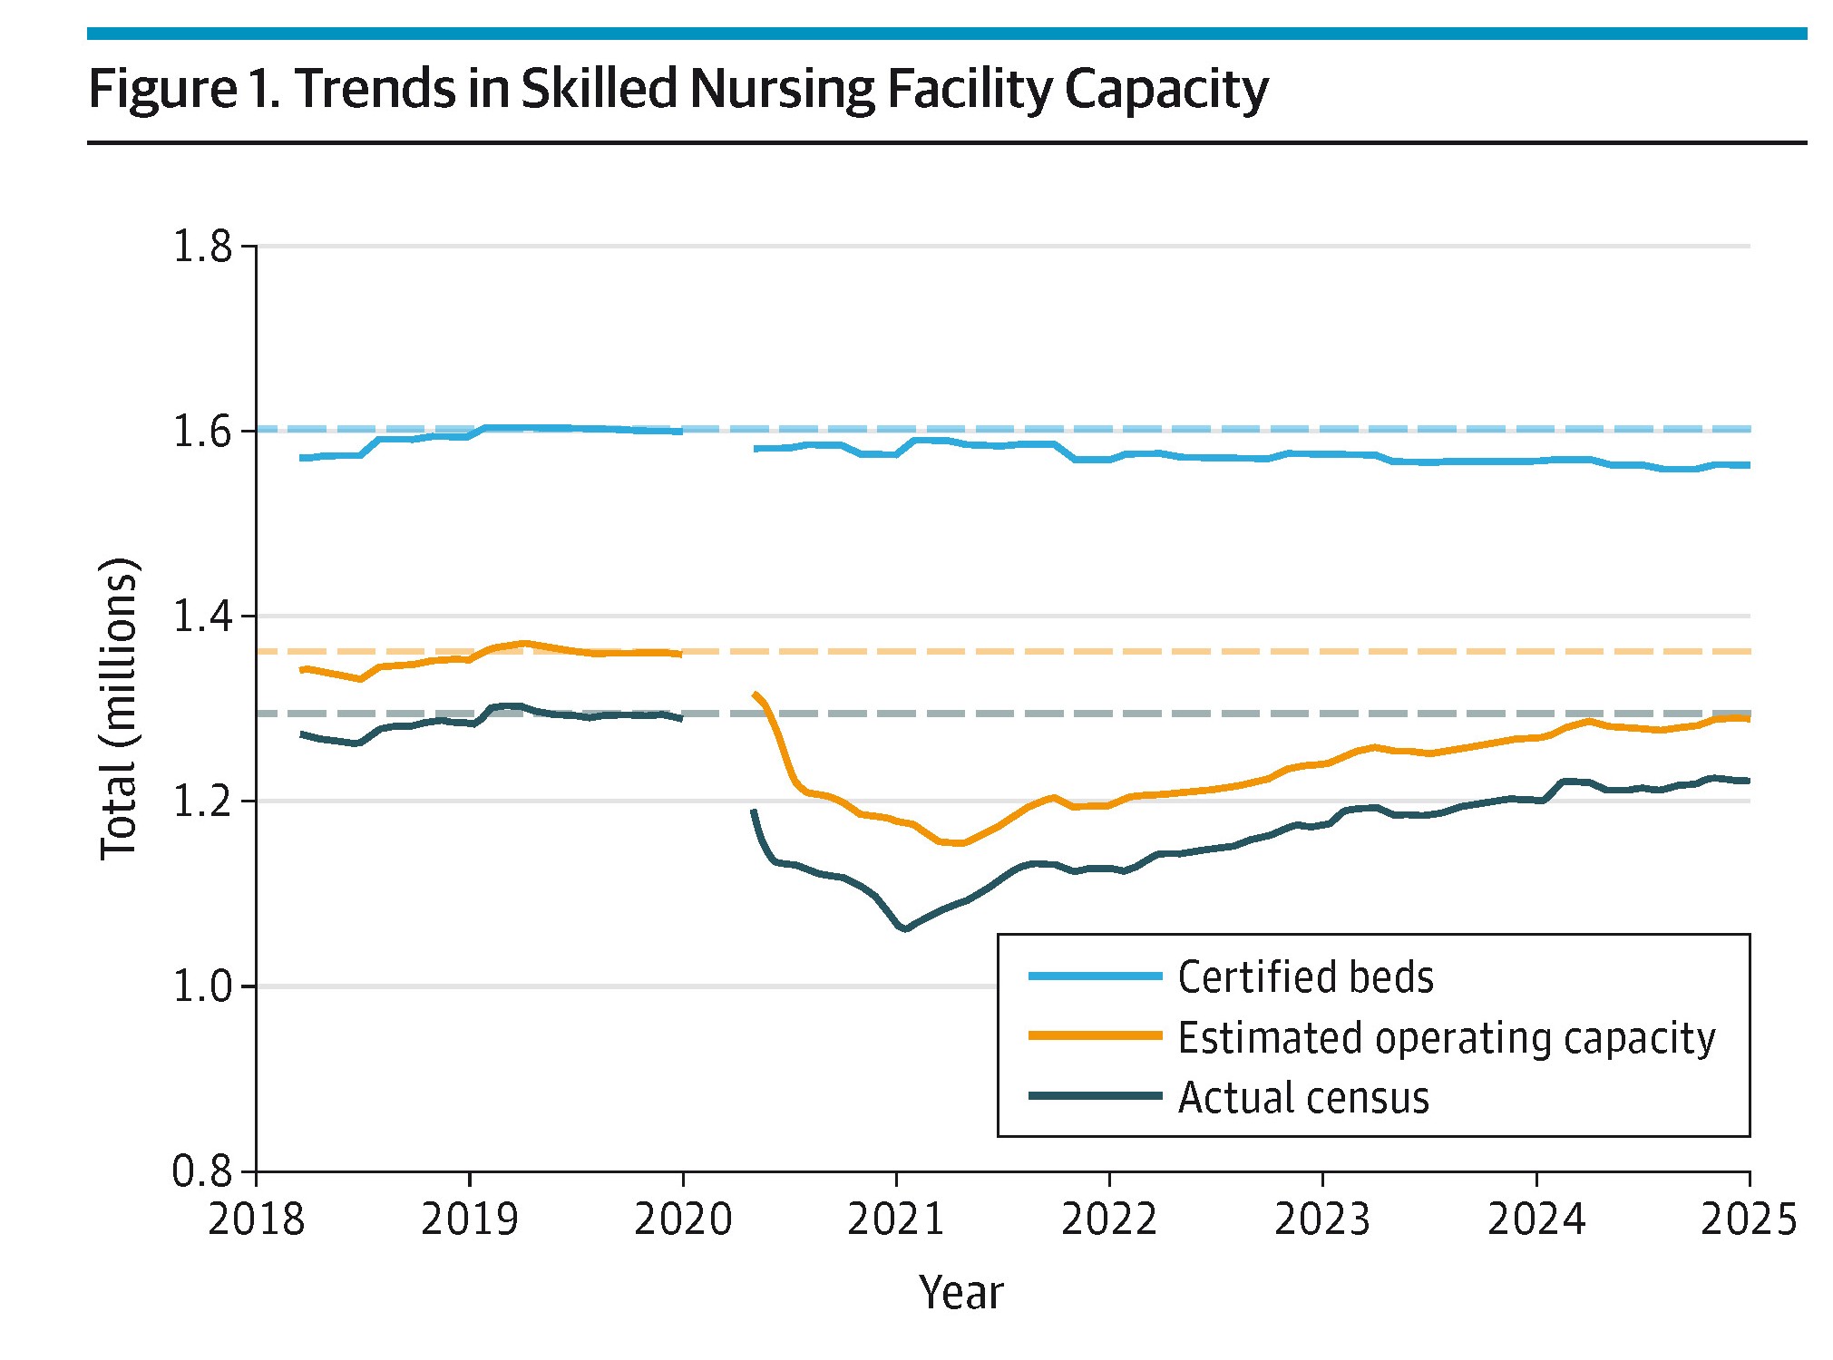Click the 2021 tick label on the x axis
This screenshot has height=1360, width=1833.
(x=895, y=1219)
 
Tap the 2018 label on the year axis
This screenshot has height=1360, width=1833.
(x=256, y=1219)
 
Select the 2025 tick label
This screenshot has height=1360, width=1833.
(x=1749, y=1219)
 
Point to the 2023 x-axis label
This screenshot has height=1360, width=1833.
(x=1322, y=1219)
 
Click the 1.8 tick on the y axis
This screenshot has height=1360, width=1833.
(x=202, y=247)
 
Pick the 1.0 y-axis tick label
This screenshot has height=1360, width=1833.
(x=202, y=986)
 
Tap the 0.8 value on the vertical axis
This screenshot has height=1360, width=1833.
(x=202, y=1171)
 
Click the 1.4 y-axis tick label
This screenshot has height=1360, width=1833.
(x=202, y=617)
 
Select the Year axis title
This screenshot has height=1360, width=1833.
(x=960, y=1292)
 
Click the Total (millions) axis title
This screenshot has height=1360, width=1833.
(x=119, y=709)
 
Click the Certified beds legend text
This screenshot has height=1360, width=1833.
(x=1305, y=976)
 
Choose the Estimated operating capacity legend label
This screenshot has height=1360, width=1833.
(x=1446, y=1037)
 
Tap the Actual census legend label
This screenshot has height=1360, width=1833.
(x=1302, y=1097)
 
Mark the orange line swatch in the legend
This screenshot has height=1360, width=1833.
(x=1095, y=1035)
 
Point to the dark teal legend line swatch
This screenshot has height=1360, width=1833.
(x=1095, y=1096)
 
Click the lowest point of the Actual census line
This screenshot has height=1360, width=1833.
(x=904, y=929)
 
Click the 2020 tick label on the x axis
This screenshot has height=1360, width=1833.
(x=682, y=1219)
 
